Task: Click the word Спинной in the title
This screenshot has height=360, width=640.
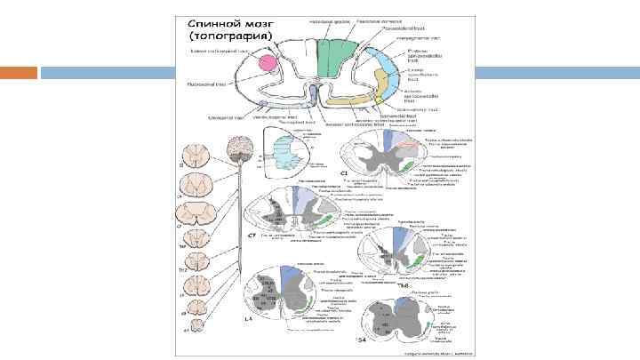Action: (x=211, y=23)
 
